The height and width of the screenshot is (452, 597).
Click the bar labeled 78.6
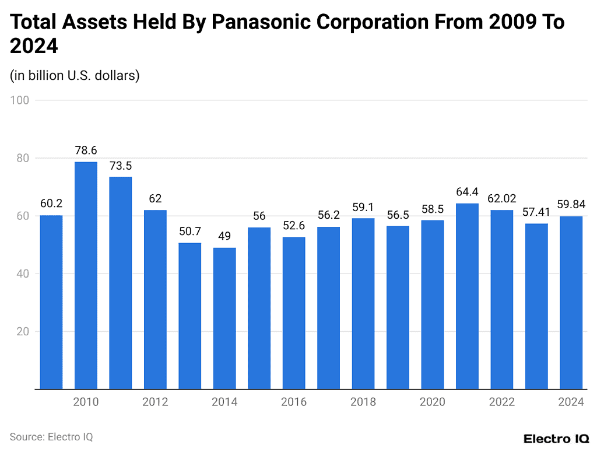[x=86, y=275]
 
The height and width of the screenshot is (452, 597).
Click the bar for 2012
[x=155, y=299]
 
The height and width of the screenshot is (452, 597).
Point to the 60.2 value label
[x=51, y=204]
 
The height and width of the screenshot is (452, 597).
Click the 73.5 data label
[x=121, y=165]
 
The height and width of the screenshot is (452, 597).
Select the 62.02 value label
[x=501, y=198]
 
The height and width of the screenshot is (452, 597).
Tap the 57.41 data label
[x=536, y=212]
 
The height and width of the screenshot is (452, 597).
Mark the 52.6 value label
[x=294, y=225]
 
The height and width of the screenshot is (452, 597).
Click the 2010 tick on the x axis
[x=86, y=402]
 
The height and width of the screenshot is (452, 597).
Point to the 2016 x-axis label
[x=294, y=402]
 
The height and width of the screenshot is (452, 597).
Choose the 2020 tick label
[x=433, y=402]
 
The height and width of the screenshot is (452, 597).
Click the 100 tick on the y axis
[x=20, y=100]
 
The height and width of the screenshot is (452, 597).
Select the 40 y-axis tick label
[x=23, y=274]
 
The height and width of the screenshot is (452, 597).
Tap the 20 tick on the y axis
[x=23, y=331]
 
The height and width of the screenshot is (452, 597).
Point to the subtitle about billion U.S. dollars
[x=75, y=76]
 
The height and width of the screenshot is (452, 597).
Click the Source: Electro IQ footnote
[x=51, y=436]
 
